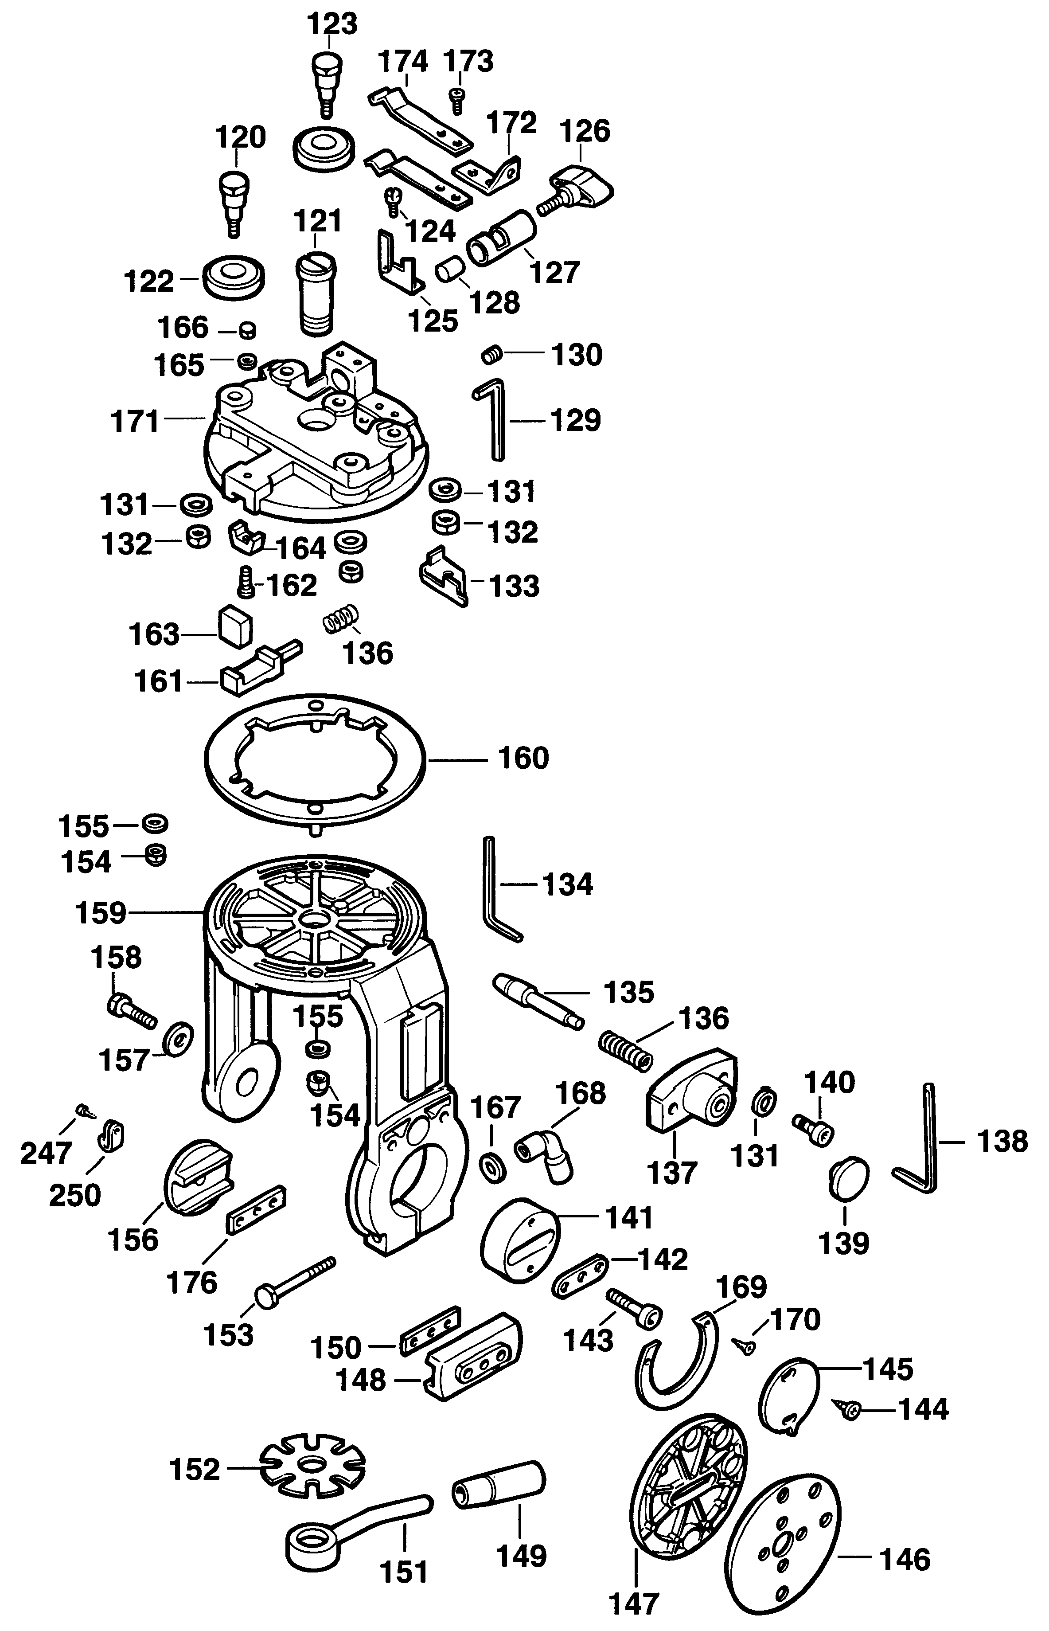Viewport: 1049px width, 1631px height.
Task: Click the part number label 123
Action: click(332, 24)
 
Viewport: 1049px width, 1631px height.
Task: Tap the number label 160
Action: click(523, 758)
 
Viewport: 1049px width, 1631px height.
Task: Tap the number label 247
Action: click(46, 1154)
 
